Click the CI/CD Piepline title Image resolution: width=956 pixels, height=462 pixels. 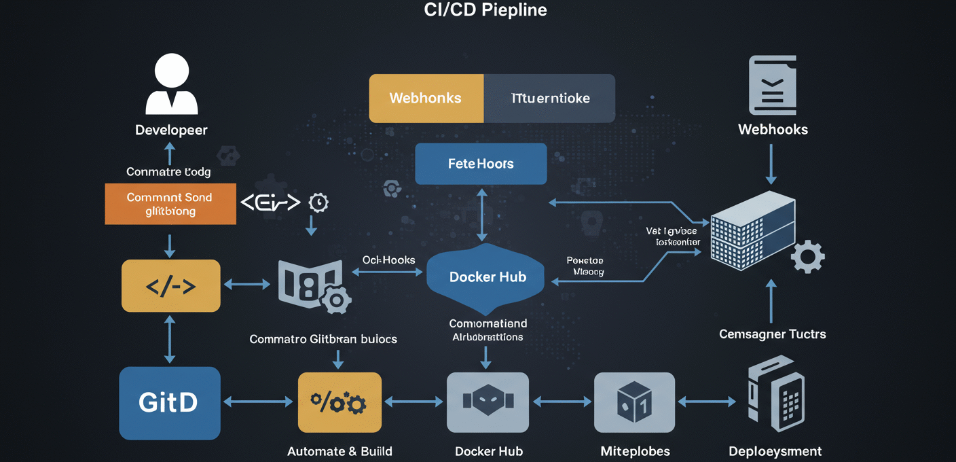pos(485,10)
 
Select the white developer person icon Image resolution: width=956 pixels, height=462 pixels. pos(171,84)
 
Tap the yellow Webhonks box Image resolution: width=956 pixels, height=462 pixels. pos(426,99)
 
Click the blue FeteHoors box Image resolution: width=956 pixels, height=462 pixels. pos(481,164)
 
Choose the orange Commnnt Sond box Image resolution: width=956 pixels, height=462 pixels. pos(170,204)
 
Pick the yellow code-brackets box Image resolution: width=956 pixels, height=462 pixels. pos(170,286)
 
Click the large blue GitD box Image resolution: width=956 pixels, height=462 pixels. pos(169,403)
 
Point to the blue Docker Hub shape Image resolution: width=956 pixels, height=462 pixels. pos(487,277)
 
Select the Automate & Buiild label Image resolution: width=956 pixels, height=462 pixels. pos(339,451)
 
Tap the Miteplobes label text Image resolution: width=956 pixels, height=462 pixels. pos(635,451)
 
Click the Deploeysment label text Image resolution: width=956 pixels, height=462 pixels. pos(775,451)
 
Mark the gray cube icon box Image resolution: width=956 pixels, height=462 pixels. pos(634,402)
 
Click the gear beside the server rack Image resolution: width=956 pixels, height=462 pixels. pos(808,257)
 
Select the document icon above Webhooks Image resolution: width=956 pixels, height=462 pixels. pos(772,85)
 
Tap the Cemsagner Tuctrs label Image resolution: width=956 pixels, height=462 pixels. pos(772,334)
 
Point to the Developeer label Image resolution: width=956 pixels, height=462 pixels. pos(171,130)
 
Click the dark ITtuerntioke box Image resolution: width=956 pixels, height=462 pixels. pos(549,99)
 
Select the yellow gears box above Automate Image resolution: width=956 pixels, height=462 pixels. pos(339,403)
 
